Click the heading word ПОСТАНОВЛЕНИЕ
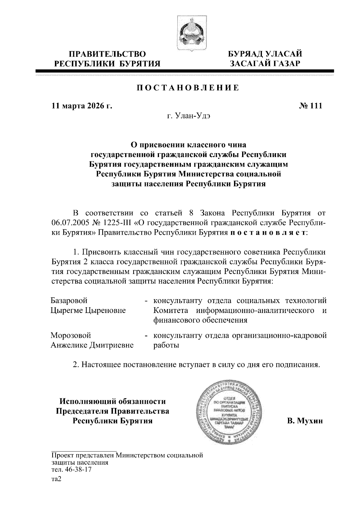(188, 88)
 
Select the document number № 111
(310, 106)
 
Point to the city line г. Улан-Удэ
(188, 116)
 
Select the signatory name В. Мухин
(304, 421)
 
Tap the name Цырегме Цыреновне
(88, 310)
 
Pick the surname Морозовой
(71, 335)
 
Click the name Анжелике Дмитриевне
(92, 345)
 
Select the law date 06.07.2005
(67, 223)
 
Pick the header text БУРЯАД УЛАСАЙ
(265, 54)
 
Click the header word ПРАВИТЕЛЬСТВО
(108, 54)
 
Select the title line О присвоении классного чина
(188, 145)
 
